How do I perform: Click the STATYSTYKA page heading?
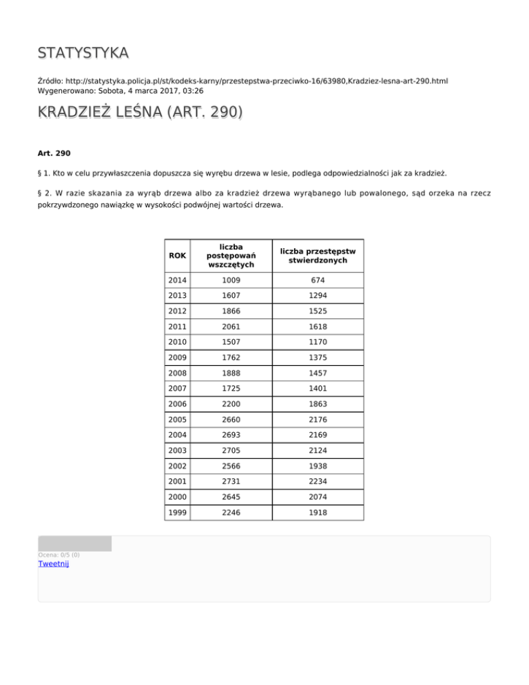click(83, 53)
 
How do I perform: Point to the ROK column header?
click(177, 256)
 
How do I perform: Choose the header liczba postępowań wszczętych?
click(231, 256)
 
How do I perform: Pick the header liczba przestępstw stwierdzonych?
click(318, 256)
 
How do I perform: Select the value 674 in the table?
click(318, 280)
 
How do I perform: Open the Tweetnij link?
click(53, 564)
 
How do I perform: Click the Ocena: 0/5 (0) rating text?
click(59, 554)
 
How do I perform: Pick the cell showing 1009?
click(231, 280)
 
